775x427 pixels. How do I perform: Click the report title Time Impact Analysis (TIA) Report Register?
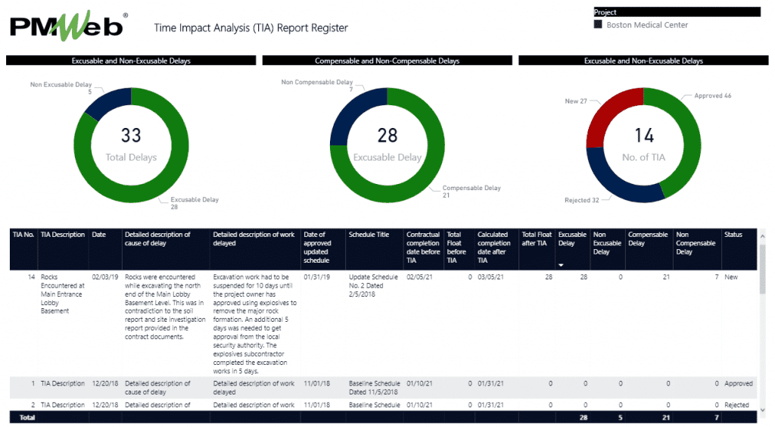(251, 28)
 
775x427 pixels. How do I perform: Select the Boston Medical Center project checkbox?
(598, 25)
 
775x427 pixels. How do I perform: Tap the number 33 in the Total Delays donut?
(131, 136)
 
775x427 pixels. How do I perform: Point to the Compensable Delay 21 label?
(471, 192)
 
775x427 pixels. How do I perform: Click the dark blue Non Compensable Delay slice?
(348, 114)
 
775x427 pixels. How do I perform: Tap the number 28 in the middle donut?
(387, 136)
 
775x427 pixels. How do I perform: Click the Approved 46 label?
(712, 96)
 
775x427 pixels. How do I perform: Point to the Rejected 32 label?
(581, 201)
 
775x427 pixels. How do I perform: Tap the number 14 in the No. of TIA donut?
(643, 136)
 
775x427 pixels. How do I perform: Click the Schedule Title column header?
(369, 235)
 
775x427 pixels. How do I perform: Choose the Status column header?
(733, 235)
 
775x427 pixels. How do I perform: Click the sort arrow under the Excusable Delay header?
(561, 265)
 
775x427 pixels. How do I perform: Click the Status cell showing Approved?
(738, 384)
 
